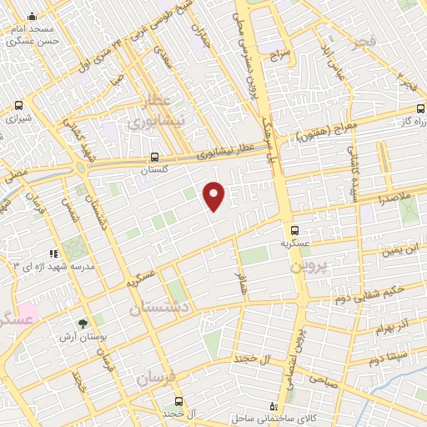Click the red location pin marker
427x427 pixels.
(x=214, y=195)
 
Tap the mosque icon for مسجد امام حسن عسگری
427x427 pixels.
(x=32, y=16)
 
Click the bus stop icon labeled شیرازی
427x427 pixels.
(x=18, y=106)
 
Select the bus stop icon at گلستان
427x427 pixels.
(x=153, y=156)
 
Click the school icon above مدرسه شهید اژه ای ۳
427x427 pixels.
(x=53, y=253)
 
